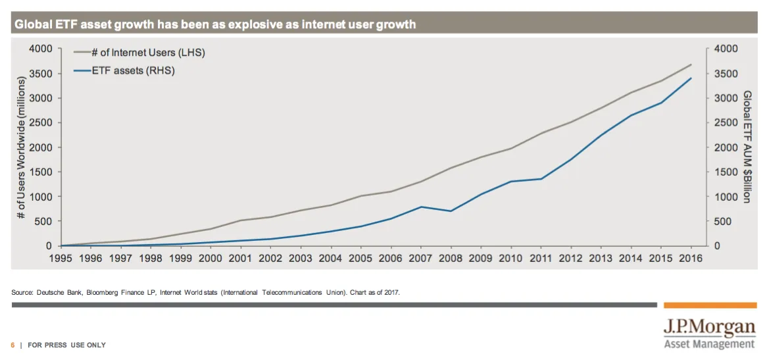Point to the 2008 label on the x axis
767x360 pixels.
pos(450,259)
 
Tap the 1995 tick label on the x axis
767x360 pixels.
pos(61,259)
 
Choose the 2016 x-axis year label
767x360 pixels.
pos(690,259)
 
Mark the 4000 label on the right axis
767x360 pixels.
pos(726,49)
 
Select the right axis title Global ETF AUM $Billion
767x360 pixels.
pos(747,147)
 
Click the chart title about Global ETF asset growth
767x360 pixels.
pos(215,25)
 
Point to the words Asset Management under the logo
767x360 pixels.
pos(709,344)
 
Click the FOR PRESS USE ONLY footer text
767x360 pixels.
pos(66,346)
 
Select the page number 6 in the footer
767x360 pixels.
pos(12,346)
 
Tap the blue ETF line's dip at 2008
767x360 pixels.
pos(450,211)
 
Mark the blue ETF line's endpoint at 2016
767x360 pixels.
pos(691,78)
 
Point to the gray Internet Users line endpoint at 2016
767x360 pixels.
pos(691,64)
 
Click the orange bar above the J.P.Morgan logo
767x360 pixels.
pos(709,305)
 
